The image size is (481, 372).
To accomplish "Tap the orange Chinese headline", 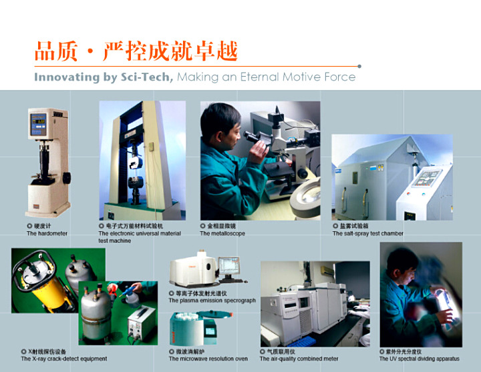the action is (x=136, y=51).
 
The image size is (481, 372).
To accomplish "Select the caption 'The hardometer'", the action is (x=47, y=233).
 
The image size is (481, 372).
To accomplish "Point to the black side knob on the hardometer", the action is (x=67, y=178).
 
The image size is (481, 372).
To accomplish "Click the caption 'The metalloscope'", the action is (x=222, y=233).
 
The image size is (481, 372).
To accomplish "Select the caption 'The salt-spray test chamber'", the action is (x=368, y=233).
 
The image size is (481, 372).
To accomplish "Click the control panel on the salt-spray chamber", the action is (x=427, y=178).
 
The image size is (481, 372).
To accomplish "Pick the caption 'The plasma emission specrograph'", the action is (x=212, y=301).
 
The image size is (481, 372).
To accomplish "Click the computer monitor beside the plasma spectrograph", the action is (x=228, y=266).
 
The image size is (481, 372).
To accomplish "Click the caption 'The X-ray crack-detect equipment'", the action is (x=64, y=359).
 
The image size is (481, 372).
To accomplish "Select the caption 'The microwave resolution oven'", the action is (x=208, y=359).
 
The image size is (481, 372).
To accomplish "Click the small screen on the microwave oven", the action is (x=210, y=331).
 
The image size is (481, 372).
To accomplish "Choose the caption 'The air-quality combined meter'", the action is (x=299, y=359).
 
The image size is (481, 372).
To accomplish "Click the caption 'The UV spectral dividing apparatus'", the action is (x=420, y=359).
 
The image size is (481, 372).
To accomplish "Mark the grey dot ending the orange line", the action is (x=359, y=66).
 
